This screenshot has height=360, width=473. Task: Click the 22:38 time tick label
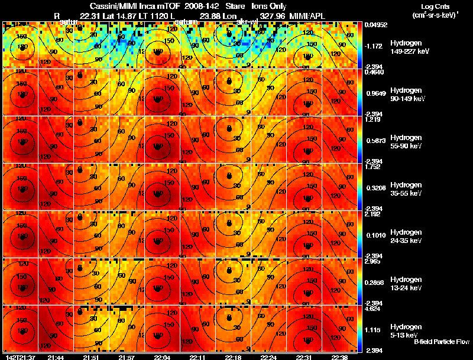coord(341,357)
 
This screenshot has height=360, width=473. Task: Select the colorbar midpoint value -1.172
coord(375,46)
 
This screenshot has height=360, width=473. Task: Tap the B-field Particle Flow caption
coord(442,342)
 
